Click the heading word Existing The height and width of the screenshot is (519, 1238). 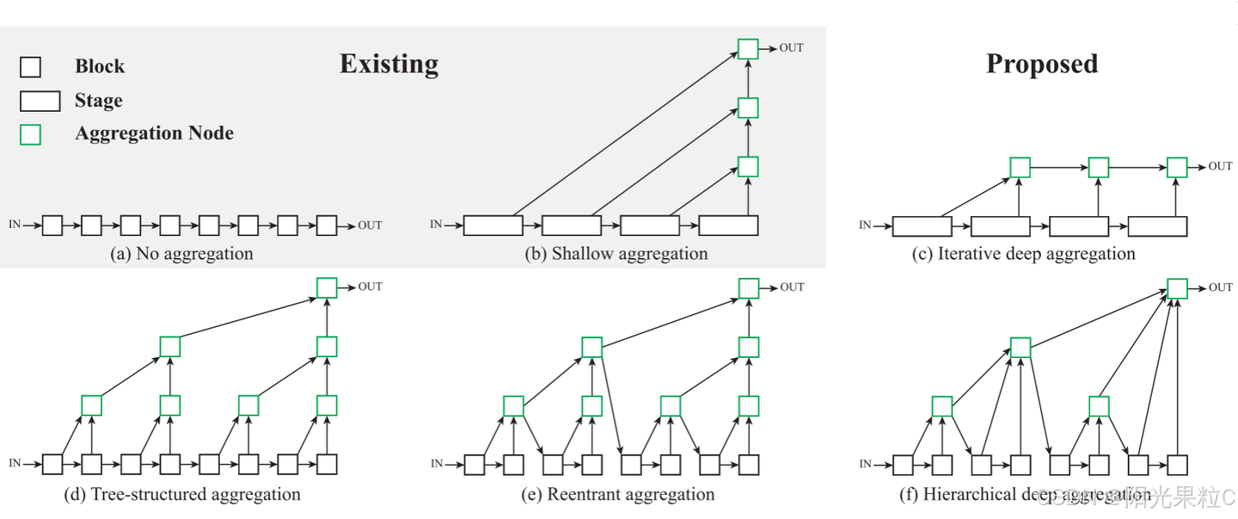coord(389,64)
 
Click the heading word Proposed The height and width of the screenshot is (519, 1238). coord(1041,64)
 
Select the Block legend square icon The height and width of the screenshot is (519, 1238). coord(30,67)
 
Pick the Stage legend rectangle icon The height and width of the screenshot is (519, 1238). coord(40,102)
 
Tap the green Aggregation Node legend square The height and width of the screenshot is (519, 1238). coord(30,134)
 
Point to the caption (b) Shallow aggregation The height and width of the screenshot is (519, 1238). coord(616,254)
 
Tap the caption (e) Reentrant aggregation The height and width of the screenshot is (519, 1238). coord(618,495)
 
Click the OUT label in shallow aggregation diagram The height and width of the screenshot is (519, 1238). coord(791,48)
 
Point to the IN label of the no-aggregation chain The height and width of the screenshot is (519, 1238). coord(15,225)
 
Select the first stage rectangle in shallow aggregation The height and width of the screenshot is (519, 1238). coord(493,226)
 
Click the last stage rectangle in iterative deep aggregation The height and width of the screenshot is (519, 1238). coord(1157,226)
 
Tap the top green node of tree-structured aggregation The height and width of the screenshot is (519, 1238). coord(327,287)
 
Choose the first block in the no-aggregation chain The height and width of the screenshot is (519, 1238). coord(52,226)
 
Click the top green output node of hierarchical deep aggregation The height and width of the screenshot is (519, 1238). coord(1177,287)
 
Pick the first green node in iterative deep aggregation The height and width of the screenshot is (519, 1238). coord(1020,167)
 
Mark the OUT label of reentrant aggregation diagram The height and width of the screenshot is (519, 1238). coord(792,287)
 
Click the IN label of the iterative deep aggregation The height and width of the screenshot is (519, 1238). coord(865,226)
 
